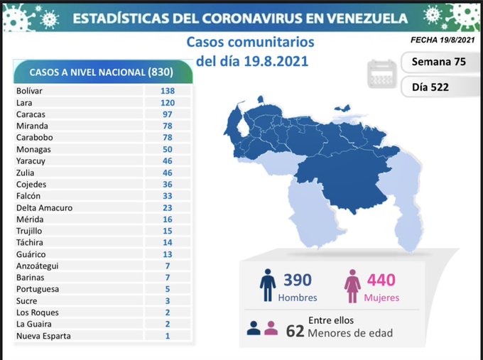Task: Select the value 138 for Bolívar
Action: (167, 91)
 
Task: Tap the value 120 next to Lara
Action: (167, 102)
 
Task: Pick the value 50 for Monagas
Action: (167, 149)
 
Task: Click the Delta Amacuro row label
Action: (44, 207)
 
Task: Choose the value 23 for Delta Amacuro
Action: (167, 207)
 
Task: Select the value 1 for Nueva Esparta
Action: (167, 336)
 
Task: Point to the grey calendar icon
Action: (381, 74)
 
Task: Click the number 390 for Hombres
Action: (297, 280)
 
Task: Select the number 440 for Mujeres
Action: (381, 280)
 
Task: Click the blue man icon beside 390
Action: (267, 285)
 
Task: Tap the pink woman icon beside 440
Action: (352, 285)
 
